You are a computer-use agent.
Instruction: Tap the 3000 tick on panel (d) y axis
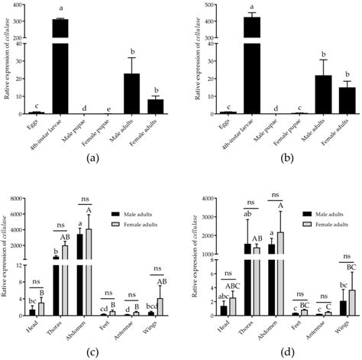202,218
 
